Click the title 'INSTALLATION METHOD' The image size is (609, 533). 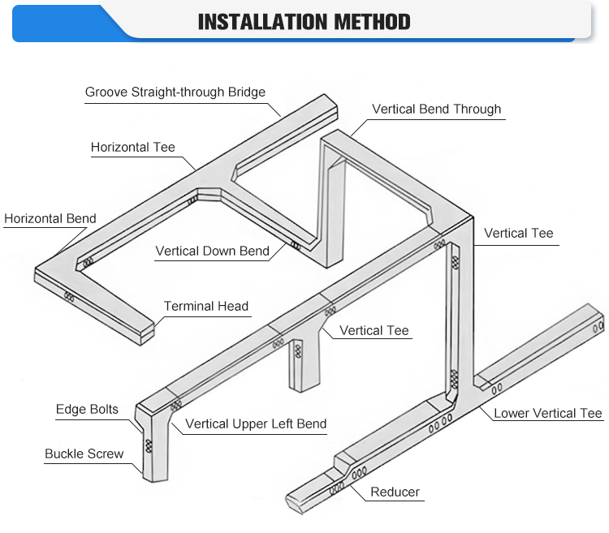coord(304,22)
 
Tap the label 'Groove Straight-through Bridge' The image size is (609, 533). coord(175,92)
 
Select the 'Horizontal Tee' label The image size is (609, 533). coord(133,148)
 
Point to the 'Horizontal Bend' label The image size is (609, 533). coord(50,218)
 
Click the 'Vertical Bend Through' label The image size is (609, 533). coord(436,110)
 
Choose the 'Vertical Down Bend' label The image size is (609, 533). coord(212,251)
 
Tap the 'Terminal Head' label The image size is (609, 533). coord(206,306)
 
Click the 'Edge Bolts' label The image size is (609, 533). coord(87,410)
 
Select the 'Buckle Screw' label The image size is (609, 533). coord(84,453)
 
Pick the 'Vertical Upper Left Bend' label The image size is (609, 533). coord(256,423)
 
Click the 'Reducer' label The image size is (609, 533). coord(395,492)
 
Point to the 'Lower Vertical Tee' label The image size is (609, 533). coord(548,414)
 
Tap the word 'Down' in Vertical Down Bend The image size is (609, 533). coord(221,251)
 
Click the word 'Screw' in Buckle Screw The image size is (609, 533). coord(106,453)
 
